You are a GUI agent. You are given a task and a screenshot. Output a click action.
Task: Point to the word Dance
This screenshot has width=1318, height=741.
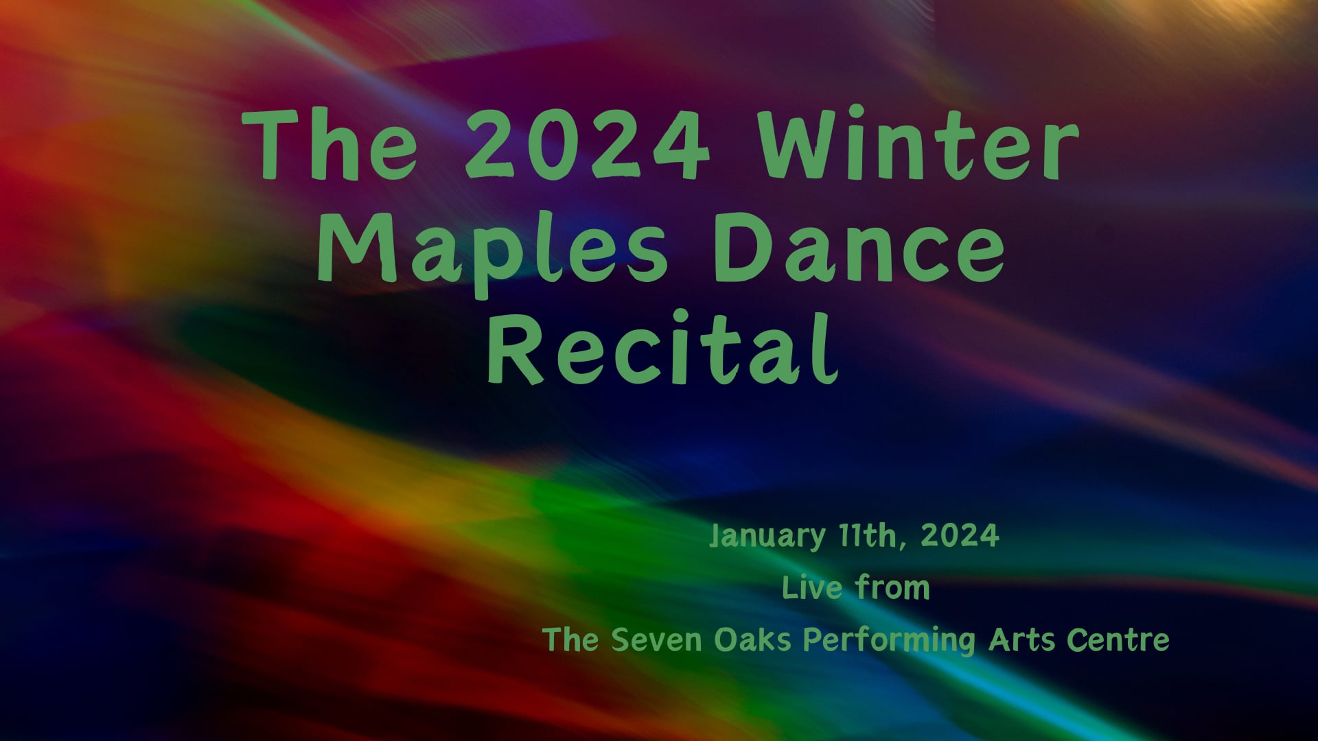859,248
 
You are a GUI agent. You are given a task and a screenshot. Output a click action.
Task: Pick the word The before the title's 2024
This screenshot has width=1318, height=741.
329,145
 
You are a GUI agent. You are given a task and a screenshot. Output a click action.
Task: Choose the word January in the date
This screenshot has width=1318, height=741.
767,536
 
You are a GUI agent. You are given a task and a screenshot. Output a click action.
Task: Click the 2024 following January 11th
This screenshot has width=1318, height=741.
960,535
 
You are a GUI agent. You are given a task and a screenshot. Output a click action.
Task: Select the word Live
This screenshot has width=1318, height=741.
812,588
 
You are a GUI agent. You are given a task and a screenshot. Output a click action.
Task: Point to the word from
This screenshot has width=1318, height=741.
892,588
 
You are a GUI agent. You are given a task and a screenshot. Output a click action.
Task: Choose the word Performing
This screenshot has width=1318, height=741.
889,641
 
